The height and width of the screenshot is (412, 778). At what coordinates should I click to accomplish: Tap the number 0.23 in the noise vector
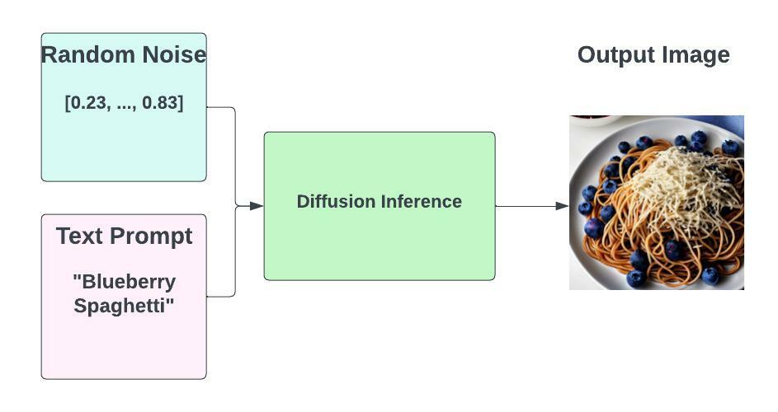pos(87,103)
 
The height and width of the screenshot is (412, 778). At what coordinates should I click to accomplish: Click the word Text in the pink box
pos(79,236)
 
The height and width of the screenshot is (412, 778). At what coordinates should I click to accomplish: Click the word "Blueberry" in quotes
pos(124,282)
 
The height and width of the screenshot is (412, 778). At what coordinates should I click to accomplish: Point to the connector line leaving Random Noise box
pos(221,107)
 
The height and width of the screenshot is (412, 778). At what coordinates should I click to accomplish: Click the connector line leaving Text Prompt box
pos(221,296)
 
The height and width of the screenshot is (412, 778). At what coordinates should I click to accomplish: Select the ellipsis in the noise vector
pos(124,105)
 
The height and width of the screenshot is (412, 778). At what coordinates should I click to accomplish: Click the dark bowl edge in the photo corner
pos(590,119)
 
